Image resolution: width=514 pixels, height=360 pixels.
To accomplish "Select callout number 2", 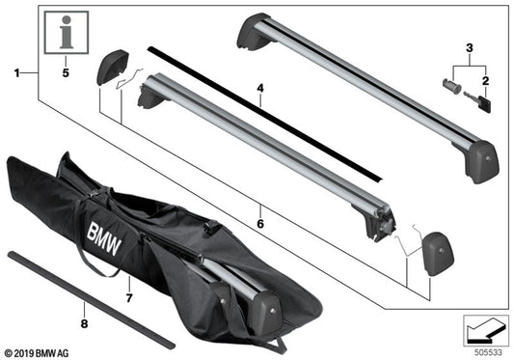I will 486,82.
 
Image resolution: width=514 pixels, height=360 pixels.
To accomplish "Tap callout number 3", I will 471,46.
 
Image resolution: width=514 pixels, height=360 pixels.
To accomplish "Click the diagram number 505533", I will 489,351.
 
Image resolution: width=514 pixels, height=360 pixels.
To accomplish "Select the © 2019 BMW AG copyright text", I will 39,351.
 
